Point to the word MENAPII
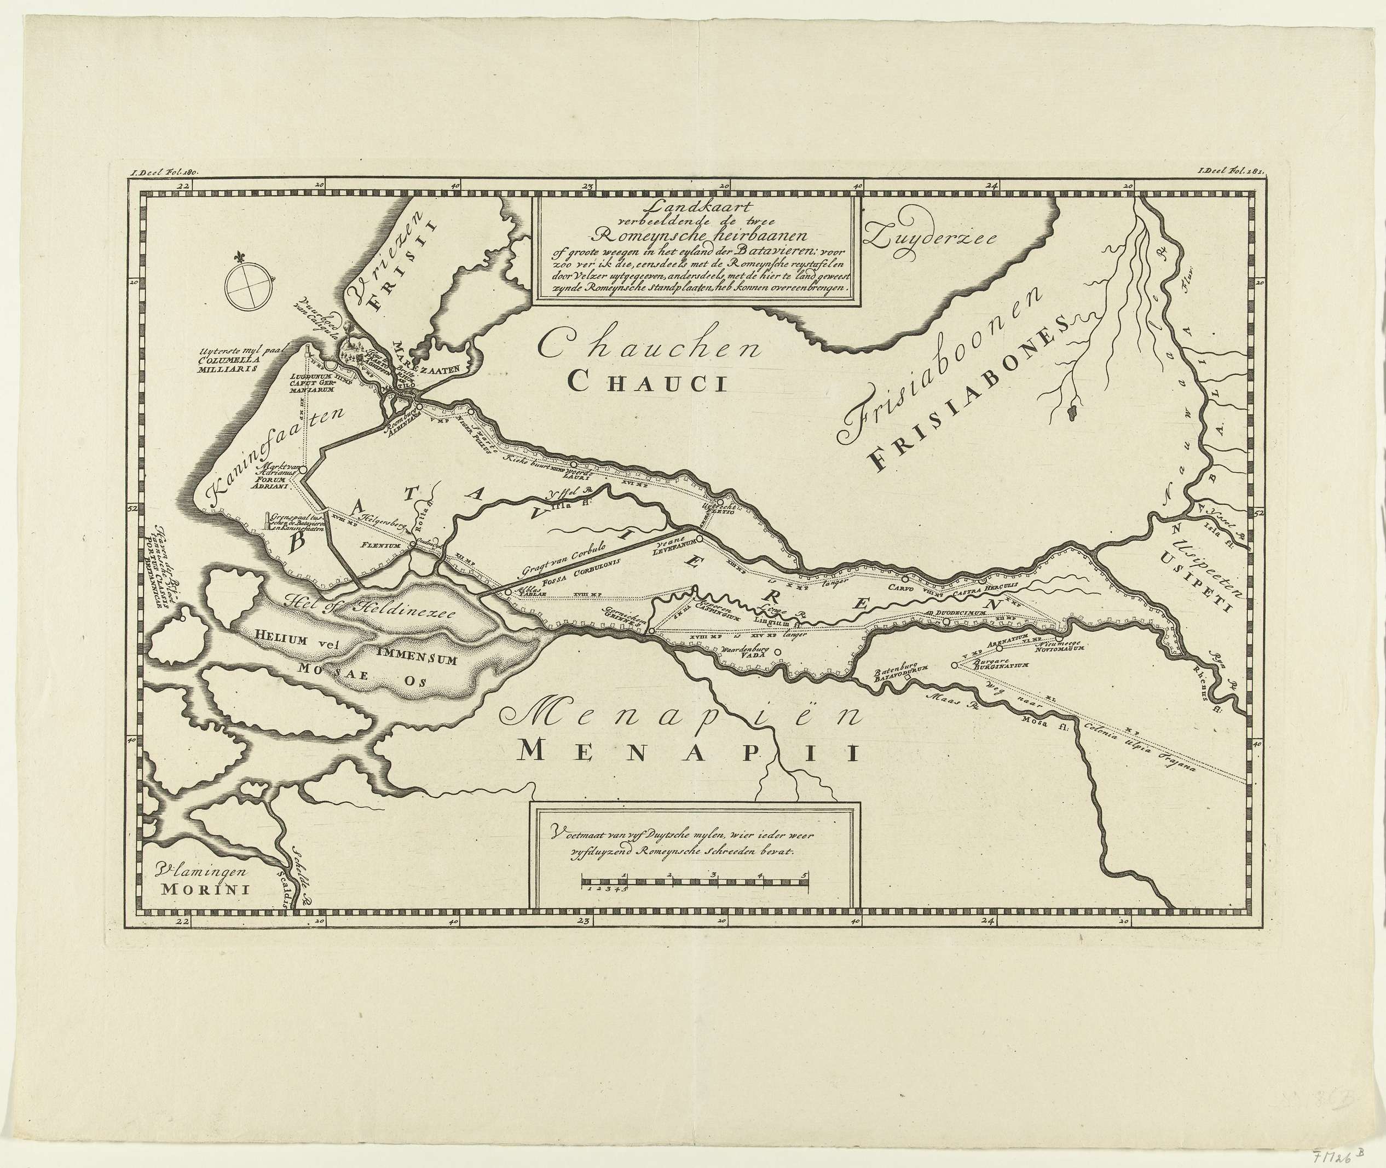click(x=689, y=753)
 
